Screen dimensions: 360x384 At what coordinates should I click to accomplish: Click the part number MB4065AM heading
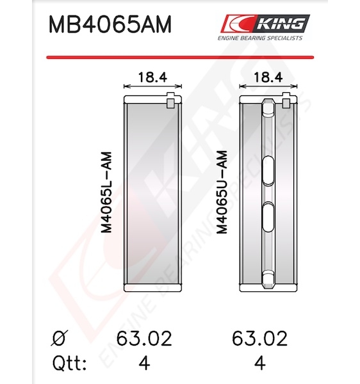tap(110, 24)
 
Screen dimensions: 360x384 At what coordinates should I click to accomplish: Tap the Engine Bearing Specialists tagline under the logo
tap(260, 38)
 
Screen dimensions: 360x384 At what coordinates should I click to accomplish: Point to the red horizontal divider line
tap(180, 58)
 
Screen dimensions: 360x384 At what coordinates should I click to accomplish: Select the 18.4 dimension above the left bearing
tap(152, 77)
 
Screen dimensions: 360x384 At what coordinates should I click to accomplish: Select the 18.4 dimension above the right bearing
tap(268, 77)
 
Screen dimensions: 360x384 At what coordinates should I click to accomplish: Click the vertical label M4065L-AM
tap(107, 192)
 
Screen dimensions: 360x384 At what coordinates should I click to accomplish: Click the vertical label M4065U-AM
tap(222, 192)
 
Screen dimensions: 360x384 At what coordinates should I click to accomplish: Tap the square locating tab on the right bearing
tap(286, 100)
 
